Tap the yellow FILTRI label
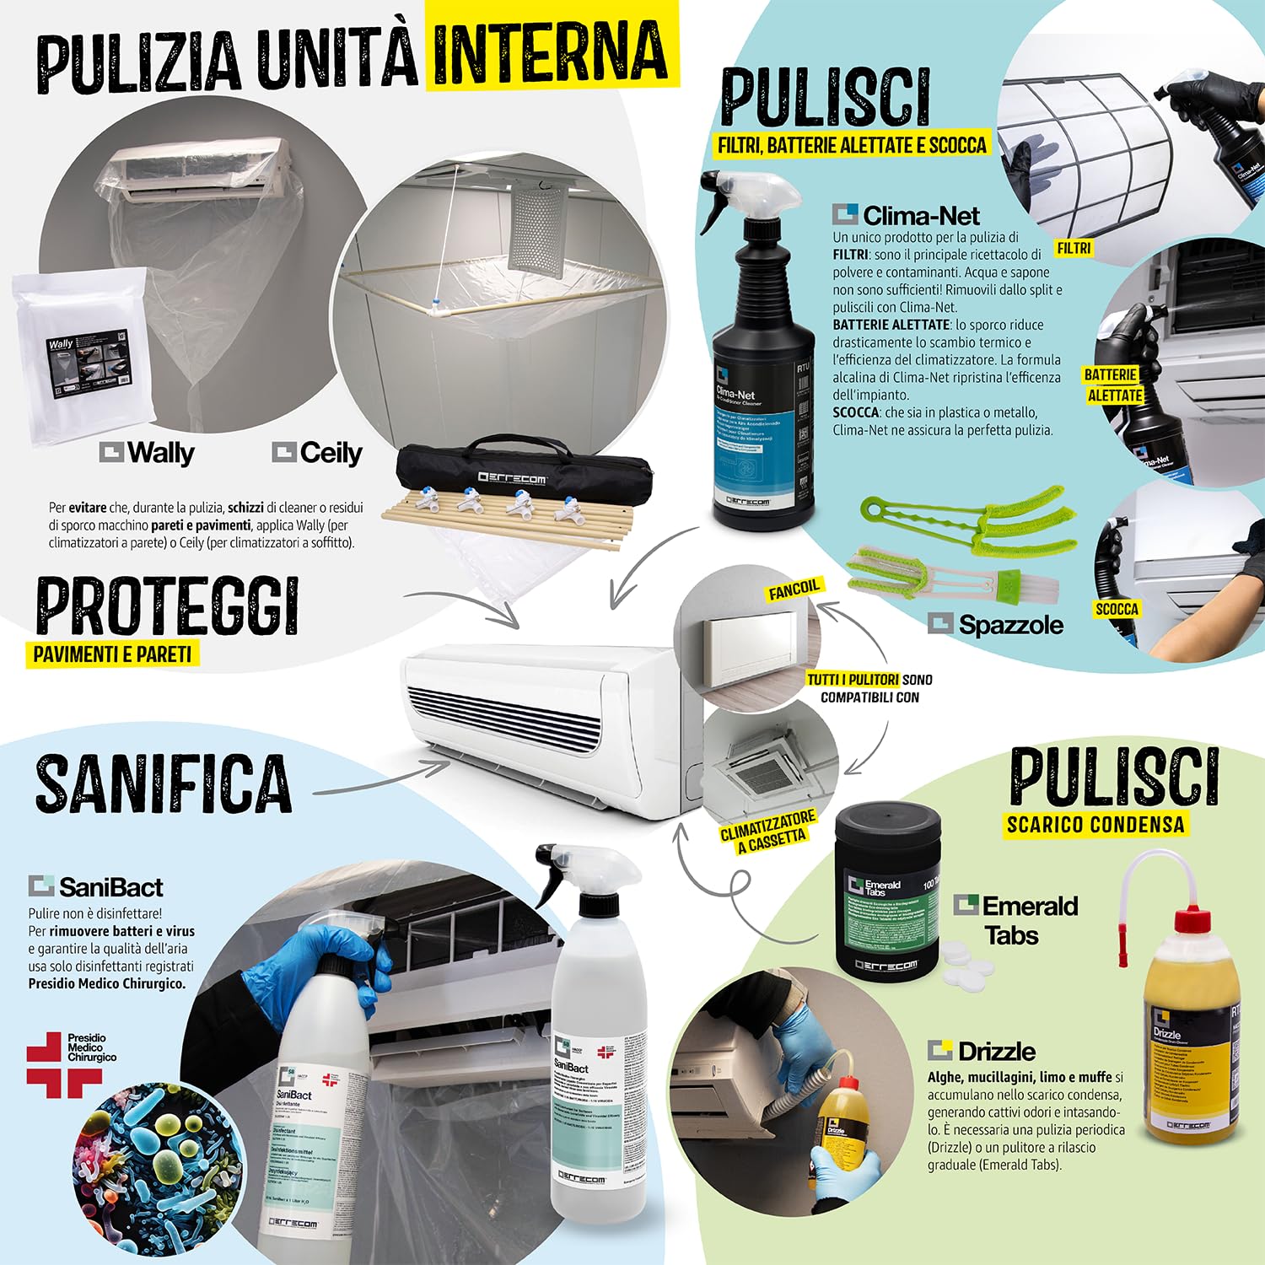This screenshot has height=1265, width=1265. coord(1074,248)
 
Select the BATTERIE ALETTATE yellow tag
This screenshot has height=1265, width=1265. coord(1113,385)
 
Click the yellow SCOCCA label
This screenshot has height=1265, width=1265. coord(1117,609)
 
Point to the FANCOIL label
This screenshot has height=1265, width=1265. coord(794,589)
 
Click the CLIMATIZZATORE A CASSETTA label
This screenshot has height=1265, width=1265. coord(768,832)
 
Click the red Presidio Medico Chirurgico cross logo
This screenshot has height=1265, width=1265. coord(63,1065)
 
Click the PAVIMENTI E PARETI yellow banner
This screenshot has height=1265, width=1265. coord(113,654)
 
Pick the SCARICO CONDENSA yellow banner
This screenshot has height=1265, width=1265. coord(1095,824)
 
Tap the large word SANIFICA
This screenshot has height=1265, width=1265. coord(164,783)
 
